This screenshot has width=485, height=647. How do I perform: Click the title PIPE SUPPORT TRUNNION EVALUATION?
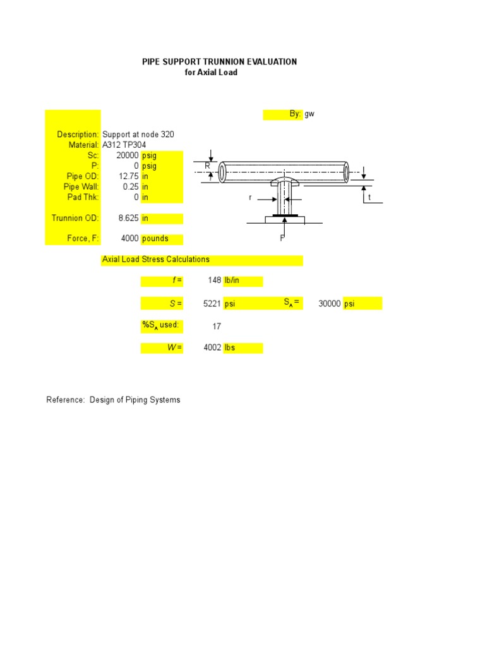click(x=219, y=62)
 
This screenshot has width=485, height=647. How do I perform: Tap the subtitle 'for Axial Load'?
click(x=211, y=73)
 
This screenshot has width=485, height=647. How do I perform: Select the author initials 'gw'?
click(x=309, y=114)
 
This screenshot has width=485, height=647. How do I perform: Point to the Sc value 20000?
click(x=128, y=155)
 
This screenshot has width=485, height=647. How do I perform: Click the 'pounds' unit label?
click(x=155, y=239)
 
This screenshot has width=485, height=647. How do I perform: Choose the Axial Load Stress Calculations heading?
click(x=156, y=260)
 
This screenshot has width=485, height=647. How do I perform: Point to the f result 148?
click(x=214, y=281)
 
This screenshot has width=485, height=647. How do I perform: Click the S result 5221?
click(x=212, y=304)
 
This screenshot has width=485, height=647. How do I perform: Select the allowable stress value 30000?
click(x=330, y=304)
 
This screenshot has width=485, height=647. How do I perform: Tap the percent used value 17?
click(x=216, y=326)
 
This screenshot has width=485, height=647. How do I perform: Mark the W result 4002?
click(x=212, y=348)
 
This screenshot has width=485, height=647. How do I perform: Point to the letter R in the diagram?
click(x=207, y=166)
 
